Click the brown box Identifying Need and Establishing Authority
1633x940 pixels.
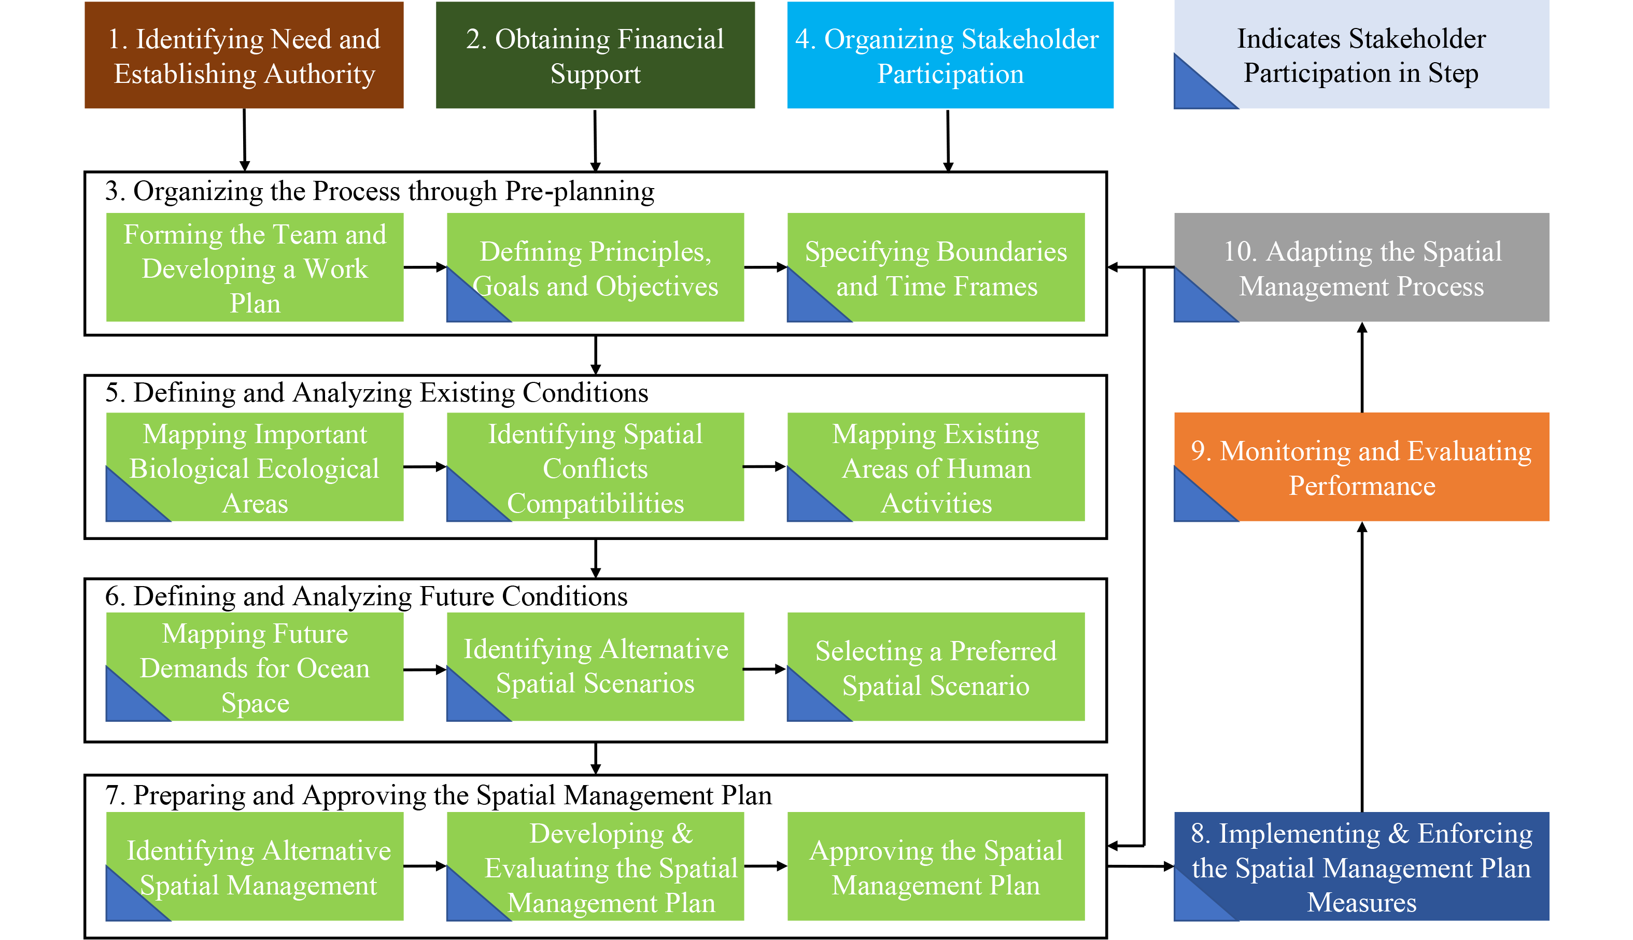point(244,55)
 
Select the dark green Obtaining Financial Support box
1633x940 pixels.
point(595,55)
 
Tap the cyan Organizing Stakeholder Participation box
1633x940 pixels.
point(949,55)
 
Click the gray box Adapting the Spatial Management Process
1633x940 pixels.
point(1361,267)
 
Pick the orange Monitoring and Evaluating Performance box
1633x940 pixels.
point(1361,467)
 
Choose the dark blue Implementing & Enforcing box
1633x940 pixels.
point(1361,866)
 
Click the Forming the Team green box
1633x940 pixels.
point(255,267)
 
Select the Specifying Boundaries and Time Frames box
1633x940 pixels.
point(936,267)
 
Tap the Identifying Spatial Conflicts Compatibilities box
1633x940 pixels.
point(595,467)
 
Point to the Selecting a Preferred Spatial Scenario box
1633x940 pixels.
point(936,667)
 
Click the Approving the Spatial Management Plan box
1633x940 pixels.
point(936,866)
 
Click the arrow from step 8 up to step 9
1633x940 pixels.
point(1362,665)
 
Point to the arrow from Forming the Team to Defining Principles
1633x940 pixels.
point(425,267)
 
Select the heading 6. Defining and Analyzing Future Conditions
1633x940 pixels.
point(366,596)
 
